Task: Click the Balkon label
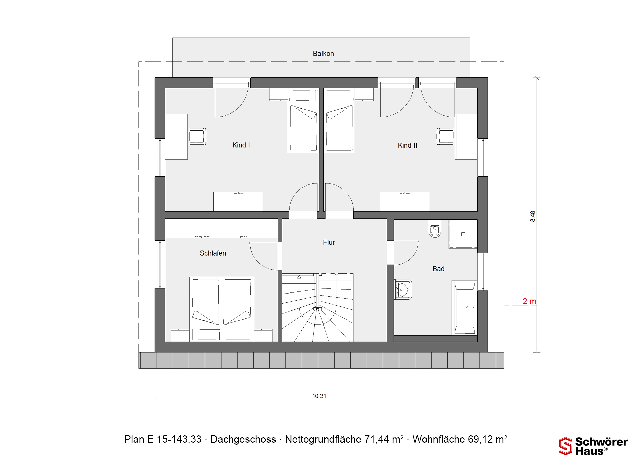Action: click(323, 54)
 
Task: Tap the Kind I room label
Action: click(241, 145)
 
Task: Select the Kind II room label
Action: click(407, 145)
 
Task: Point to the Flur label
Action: click(329, 242)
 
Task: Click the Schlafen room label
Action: click(213, 253)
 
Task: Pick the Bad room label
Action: click(438, 269)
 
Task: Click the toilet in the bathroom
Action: click(435, 229)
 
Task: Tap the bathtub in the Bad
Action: click(465, 308)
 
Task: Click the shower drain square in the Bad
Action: click(463, 234)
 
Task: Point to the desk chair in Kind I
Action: click(198, 136)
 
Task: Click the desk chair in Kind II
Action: click(445, 136)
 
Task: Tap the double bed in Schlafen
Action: click(222, 309)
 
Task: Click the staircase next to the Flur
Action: click(317, 308)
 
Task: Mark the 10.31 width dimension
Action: click(319, 396)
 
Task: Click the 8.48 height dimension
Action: click(532, 216)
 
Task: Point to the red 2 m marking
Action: click(529, 301)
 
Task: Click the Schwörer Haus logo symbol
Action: click(566, 446)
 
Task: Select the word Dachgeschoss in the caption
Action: click(243, 439)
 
